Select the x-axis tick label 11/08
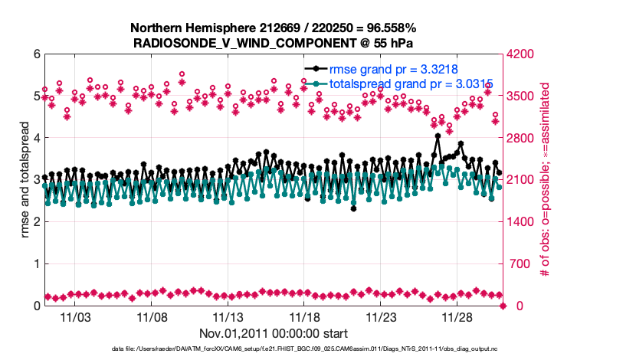pos(152,316)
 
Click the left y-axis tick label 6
pos(37,54)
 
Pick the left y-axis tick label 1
pos(37,264)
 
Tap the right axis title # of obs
pos(545,180)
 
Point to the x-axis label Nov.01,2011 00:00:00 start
pos(274,333)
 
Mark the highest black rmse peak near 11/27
pos(437,136)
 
